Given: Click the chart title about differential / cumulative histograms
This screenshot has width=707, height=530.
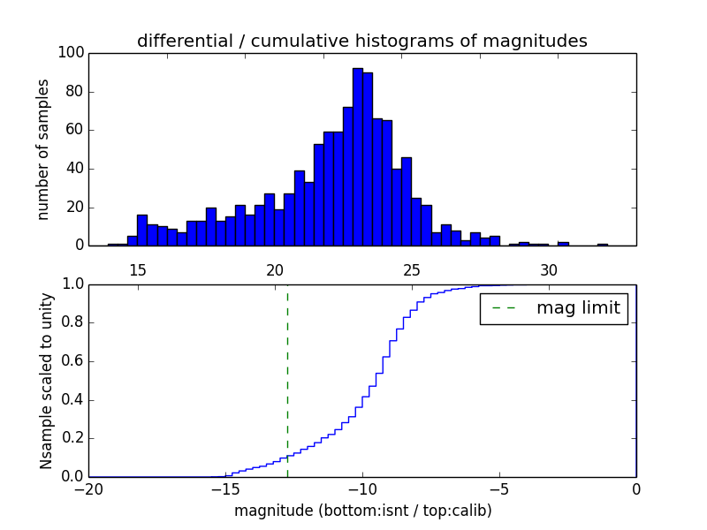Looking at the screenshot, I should pyautogui.click(x=362, y=41).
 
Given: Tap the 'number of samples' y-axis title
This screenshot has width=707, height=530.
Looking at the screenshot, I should pyautogui.click(x=42, y=149).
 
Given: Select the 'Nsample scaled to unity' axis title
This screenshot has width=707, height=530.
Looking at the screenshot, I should pyautogui.click(x=46, y=380).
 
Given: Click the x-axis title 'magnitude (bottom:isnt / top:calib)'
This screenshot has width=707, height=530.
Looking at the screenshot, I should pyautogui.click(x=362, y=511).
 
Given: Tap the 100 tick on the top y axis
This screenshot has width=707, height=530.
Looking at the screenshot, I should pyautogui.click(x=72, y=53).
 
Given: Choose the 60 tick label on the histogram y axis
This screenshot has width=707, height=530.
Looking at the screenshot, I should pyautogui.click(x=74, y=130).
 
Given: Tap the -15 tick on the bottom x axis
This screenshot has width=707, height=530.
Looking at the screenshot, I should pyautogui.click(x=225, y=489).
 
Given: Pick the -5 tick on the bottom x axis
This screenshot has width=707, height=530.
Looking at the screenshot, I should pyautogui.click(x=499, y=489).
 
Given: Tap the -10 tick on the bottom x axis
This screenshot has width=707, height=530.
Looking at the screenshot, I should pyautogui.click(x=362, y=489).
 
